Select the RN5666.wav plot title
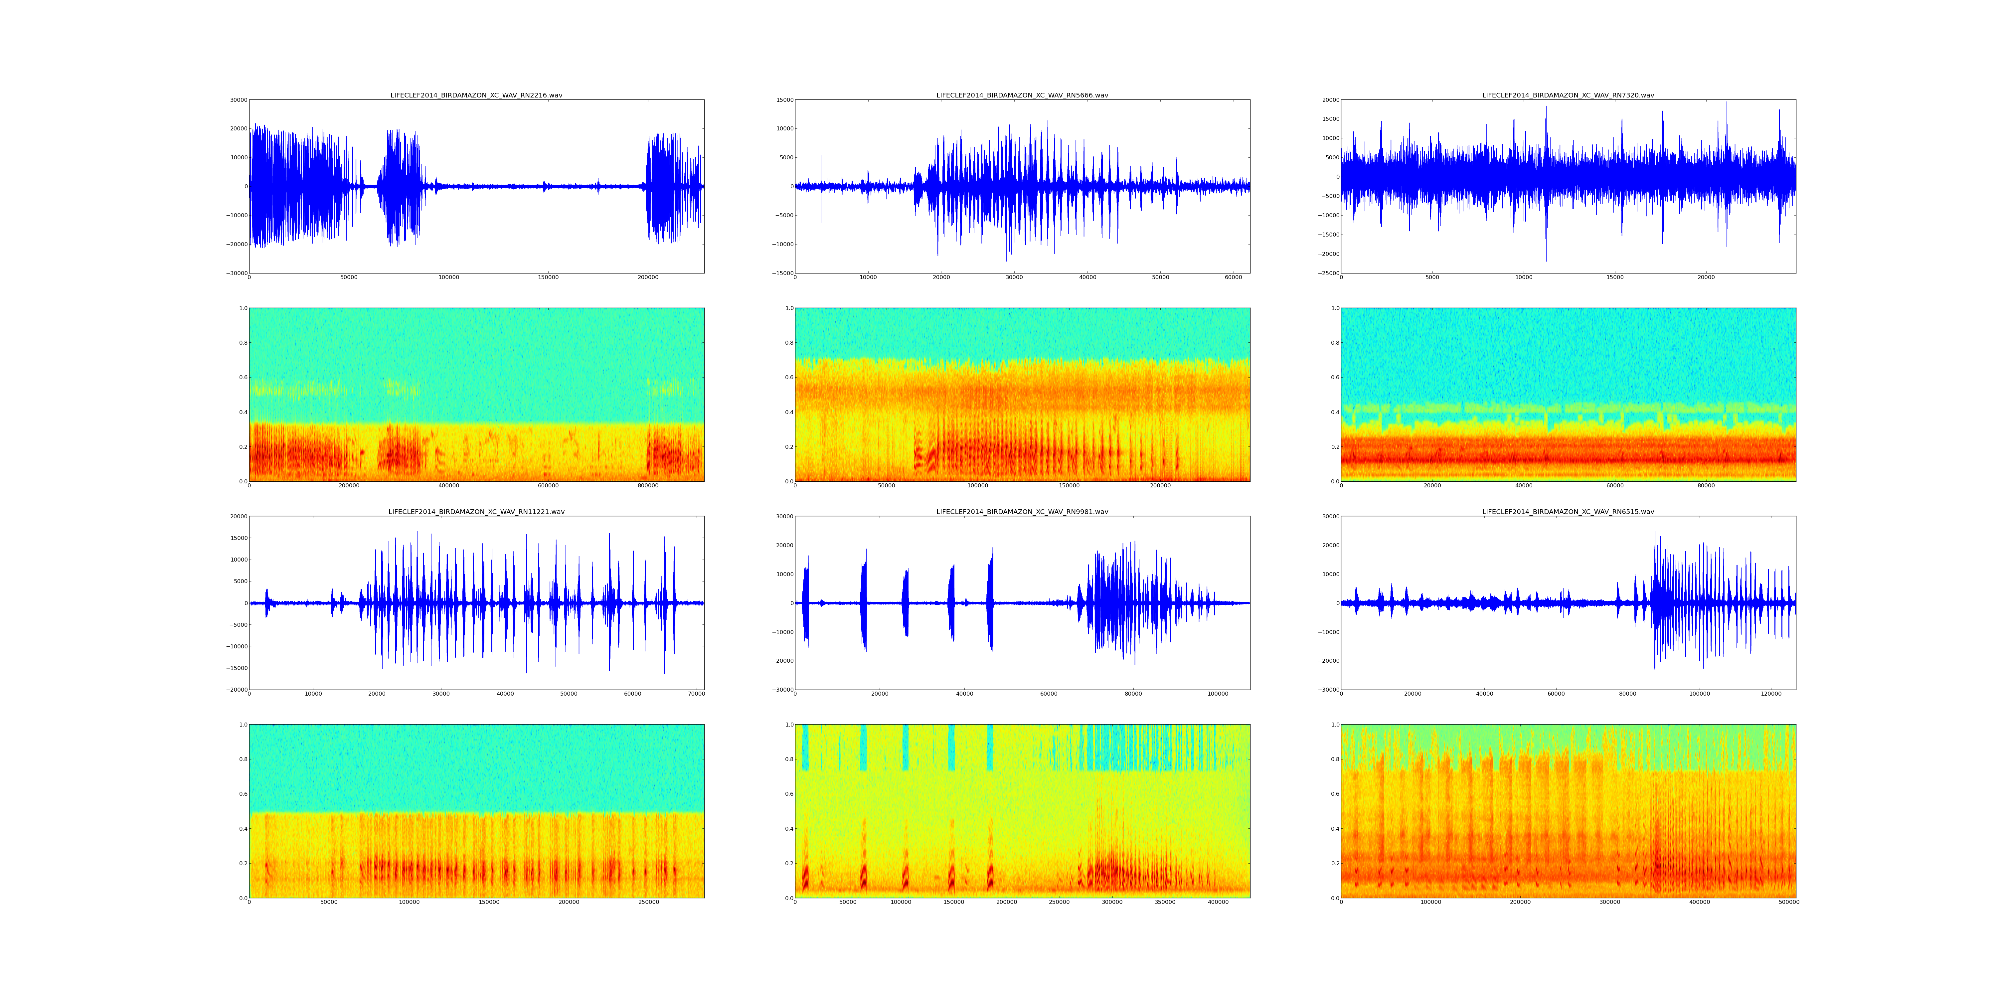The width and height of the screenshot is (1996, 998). click(x=1022, y=95)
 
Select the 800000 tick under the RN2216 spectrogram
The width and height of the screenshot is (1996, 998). click(x=648, y=486)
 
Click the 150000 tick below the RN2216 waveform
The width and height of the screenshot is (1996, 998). click(x=548, y=277)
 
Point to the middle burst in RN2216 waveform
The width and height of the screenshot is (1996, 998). click(x=399, y=186)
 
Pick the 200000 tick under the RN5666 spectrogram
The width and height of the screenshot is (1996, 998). click(x=1160, y=486)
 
